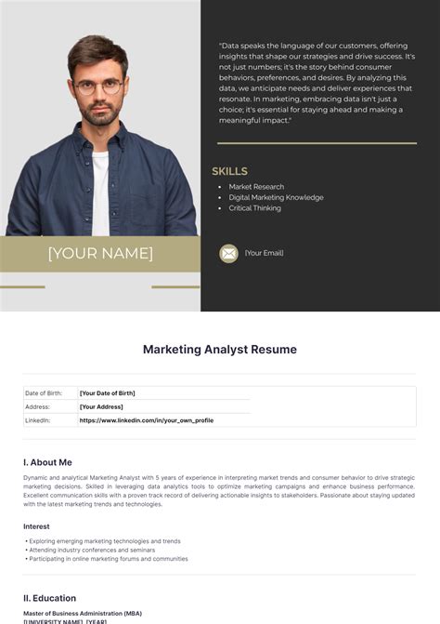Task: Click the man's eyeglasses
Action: tap(97, 87)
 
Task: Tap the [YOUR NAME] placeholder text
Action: tap(100, 253)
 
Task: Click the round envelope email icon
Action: tap(228, 253)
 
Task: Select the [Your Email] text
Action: tap(265, 253)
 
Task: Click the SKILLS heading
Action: tap(229, 171)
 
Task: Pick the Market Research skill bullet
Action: tap(256, 187)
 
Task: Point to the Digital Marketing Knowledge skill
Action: tap(276, 197)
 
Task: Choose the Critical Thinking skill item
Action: tap(254, 208)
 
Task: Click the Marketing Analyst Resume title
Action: tap(220, 350)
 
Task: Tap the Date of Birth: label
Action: tap(44, 393)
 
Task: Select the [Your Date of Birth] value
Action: tap(107, 393)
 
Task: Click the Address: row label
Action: tap(38, 406)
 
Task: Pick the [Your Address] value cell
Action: tap(101, 406)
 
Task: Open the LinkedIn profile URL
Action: tap(146, 420)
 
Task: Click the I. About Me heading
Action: tap(47, 462)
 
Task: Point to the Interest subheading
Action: tap(37, 526)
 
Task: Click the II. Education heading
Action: tap(50, 598)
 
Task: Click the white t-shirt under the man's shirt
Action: tap(100, 186)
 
